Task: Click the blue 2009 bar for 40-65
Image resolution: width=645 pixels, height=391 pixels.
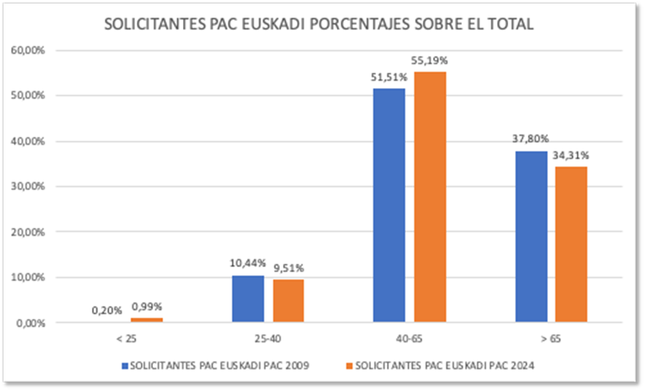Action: pyautogui.click(x=388, y=205)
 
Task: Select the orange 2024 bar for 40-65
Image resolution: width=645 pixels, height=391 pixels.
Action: pyautogui.click(x=430, y=197)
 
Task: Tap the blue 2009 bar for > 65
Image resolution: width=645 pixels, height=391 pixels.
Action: pyautogui.click(x=531, y=236)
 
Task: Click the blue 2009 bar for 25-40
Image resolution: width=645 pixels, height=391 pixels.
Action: pyautogui.click(x=248, y=299)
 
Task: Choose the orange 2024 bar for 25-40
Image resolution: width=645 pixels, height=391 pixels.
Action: pyautogui.click(x=289, y=300)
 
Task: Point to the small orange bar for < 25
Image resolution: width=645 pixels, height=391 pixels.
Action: pyautogui.click(x=147, y=320)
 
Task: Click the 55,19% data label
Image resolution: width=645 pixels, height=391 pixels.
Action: pyautogui.click(x=429, y=60)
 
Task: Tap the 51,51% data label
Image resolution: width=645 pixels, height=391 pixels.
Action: pyautogui.click(x=388, y=78)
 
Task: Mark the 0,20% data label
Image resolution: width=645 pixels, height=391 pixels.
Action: pyautogui.click(x=106, y=310)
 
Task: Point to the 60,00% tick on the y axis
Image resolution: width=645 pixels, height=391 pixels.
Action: pyautogui.click(x=26, y=51)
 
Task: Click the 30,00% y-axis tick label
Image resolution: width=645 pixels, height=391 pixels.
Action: pyautogui.click(x=26, y=187)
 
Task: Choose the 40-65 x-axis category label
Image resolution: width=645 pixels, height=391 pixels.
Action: pyautogui.click(x=409, y=339)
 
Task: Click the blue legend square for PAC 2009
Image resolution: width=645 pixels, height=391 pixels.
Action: pyautogui.click(x=125, y=366)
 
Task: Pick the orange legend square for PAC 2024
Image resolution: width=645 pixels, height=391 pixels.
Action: pyautogui.click(x=350, y=366)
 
